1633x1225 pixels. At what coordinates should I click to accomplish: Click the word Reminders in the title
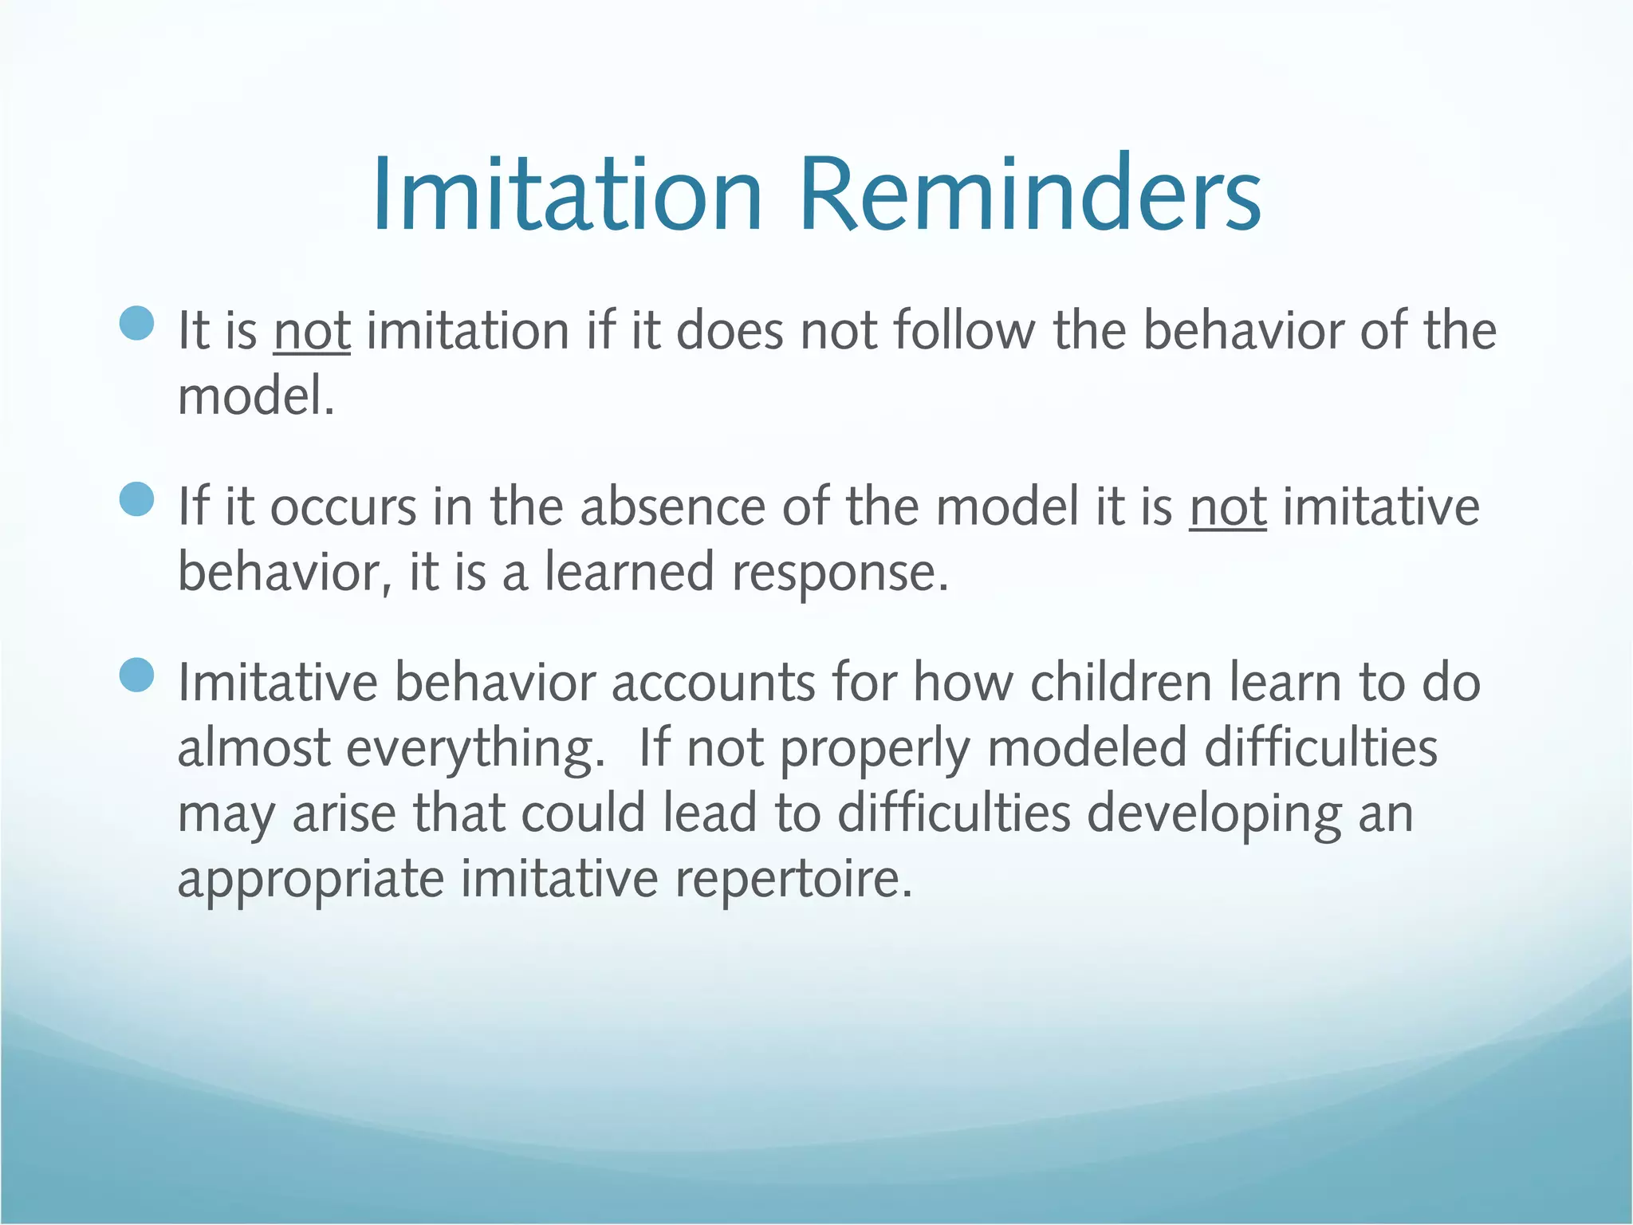click(x=1029, y=195)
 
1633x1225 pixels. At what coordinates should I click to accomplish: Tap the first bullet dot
click(x=137, y=323)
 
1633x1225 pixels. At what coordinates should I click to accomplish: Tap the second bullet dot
click(x=137, y=500)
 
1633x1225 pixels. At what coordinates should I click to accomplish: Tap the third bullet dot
click(x=137, y=676)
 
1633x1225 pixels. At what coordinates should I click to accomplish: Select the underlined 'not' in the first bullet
click(x=312, y=331)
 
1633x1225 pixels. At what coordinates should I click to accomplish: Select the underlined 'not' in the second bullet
click(x=1228, y=507)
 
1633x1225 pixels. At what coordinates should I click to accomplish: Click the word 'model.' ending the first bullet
click(x=255, y=396)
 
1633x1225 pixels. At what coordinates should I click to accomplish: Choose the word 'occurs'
click(x=344, y=508)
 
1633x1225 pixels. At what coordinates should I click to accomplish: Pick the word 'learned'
click(x=629, y=573)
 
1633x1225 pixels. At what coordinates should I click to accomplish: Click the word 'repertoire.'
click(x=793, y=880)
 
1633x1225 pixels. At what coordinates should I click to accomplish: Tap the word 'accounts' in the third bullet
click(x=714, y=684)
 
